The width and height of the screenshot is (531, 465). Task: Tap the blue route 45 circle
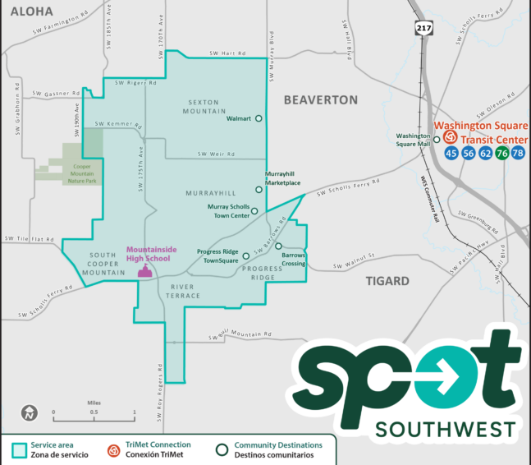tap(451, 154)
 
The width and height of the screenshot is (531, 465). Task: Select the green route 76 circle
tap(501, 154)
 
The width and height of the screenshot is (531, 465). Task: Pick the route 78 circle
tap(518, 154)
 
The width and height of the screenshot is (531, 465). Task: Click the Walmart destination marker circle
tap(259, 118)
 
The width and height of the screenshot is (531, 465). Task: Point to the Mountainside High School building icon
tap(145, 271)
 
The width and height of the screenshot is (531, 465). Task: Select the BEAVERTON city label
tap(320, 99)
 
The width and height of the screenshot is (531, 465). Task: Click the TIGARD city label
tap(387, 281)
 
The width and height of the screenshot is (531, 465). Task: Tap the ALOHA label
tap(31, 12)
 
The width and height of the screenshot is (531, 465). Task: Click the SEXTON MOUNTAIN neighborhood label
tap(204, 107)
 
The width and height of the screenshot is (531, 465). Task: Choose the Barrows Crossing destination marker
tap(278, 246)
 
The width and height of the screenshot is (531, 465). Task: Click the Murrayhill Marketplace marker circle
tap(259, 190)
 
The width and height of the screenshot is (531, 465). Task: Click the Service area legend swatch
tap(17, 449)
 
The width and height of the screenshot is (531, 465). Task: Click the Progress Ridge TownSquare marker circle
tap(245, 256)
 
